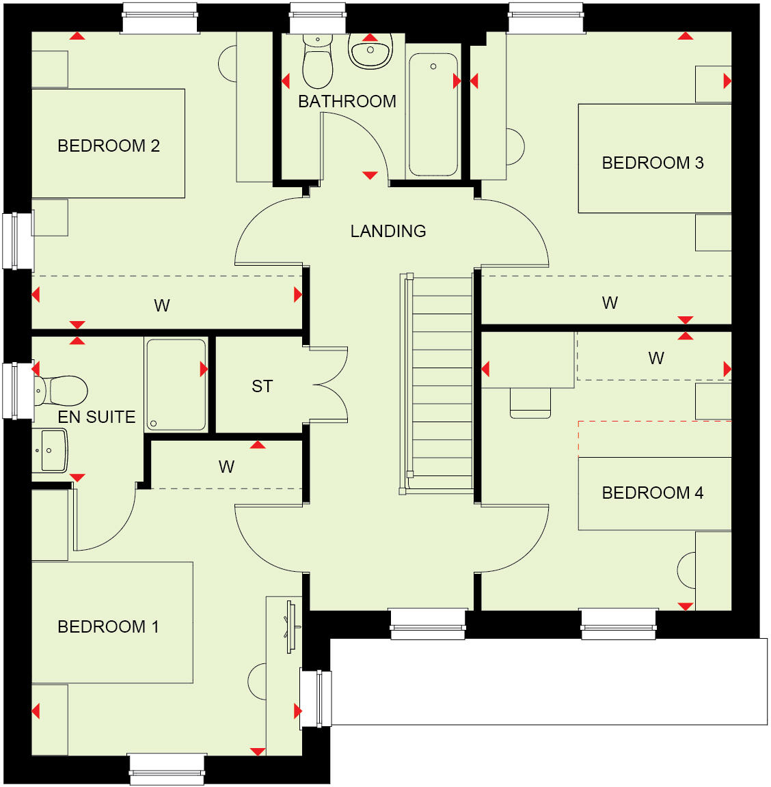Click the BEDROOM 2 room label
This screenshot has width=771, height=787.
click(x=109, y=146)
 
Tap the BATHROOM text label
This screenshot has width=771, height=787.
click(x=347, y=102)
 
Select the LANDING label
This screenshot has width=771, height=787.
click(x=388, y=232)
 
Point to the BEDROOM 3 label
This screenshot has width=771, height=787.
click(x=653, y=163)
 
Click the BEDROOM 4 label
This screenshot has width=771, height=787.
click(x=653, y=493)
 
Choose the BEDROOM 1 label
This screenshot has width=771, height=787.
click(x=109, y=627)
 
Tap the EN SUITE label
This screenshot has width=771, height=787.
click(x=96, y=417)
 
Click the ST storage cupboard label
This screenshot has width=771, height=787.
click(x=262, y=387)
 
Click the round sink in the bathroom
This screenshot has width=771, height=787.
click(x=370, y=51)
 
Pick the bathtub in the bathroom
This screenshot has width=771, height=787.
click(x=433, y=115)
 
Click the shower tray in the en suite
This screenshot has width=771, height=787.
click(x=176, y=385)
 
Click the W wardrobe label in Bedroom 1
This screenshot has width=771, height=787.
click(x=226, y=467)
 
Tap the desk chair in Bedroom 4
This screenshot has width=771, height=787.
click(x=530, y=403)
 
